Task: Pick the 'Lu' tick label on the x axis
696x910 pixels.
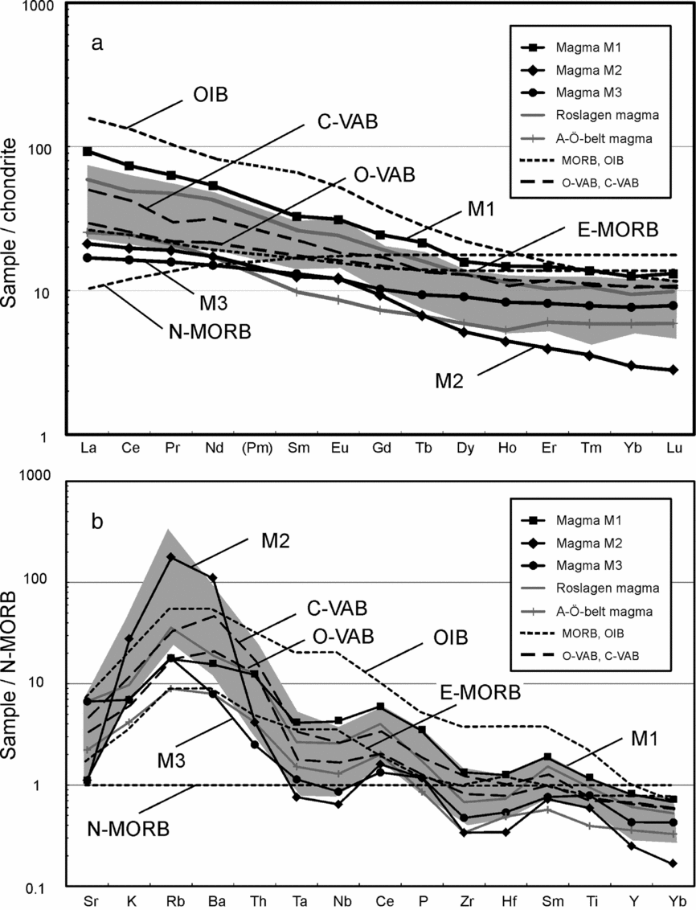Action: pos(673,447)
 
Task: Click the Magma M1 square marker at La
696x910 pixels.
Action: pos(88,151)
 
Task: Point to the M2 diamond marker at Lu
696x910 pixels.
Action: pos(673,370)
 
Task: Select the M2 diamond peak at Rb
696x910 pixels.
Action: pos(171,556)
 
